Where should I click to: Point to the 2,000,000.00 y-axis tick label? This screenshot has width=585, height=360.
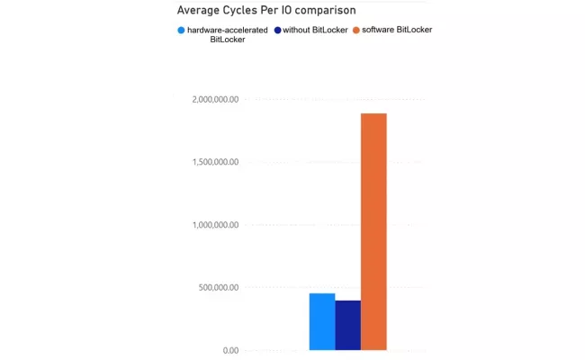(x=216, y=100)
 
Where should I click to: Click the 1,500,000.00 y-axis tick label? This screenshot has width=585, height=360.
(x=216, y=162)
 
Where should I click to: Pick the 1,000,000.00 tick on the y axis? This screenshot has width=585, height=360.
(x=216, y=225)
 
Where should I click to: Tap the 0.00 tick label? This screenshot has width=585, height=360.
(x=229, y=350)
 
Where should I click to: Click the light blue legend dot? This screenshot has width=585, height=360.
(x=181, y=30)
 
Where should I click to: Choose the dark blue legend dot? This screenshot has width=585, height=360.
(x=277, y=30)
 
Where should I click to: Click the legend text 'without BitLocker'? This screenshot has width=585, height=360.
(x=315, y=30)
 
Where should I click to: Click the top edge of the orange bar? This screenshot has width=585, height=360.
(x=373, y=114)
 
